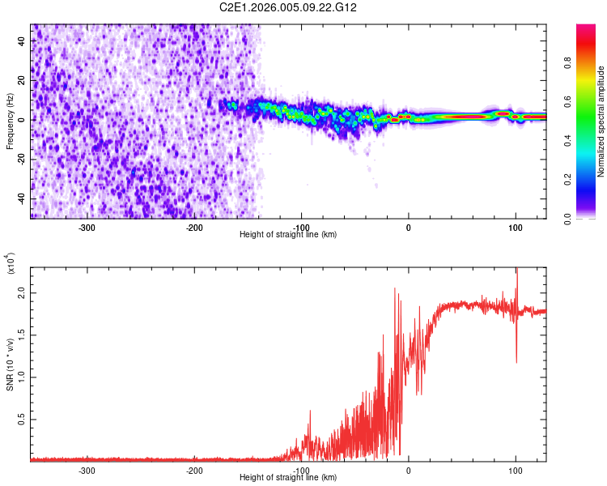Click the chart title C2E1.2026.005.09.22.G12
[289, 7]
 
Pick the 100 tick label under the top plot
[516, 227]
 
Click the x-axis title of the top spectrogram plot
[288, 235]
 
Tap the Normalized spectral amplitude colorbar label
[601, 122]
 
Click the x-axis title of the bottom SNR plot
[288, 478]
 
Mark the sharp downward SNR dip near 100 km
[516, 360]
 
